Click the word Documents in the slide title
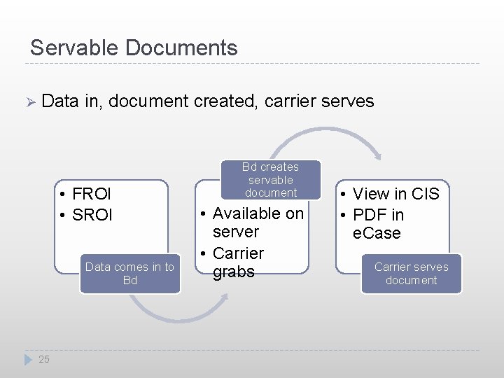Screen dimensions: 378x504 (181, 48)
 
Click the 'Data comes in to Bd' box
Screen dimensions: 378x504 (129, 273)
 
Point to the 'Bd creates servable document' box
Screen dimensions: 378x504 (270, 180)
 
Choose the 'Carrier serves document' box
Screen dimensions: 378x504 (411, 273)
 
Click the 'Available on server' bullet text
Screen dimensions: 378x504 (258, 223)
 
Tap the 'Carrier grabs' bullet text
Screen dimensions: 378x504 (238, 262)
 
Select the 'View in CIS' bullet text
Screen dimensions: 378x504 (395, 194)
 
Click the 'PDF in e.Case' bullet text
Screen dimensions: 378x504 (378, 224)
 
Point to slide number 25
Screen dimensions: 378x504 (44, 359)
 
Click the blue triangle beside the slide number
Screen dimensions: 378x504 (29, 359)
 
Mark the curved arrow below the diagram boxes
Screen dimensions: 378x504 (178, 308)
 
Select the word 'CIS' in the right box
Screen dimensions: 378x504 (425, 194)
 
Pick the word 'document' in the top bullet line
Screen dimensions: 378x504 (147, 101)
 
